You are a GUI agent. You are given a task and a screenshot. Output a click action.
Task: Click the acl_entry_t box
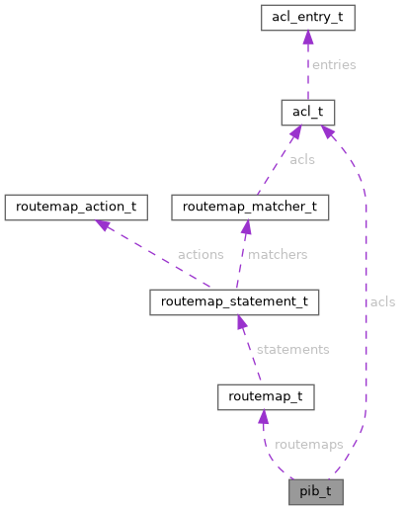point(308,17)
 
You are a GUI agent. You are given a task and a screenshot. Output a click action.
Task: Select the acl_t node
point(308,112)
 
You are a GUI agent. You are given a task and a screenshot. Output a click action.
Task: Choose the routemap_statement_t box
point(233,301)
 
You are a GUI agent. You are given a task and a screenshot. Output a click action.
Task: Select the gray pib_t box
point(315,491)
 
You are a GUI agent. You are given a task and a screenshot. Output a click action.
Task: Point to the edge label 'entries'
point(333,64)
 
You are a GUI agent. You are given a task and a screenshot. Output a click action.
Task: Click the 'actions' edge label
point(200,254)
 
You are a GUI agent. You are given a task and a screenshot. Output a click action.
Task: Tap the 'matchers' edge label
point(278,254)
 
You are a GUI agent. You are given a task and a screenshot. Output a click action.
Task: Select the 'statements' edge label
point(292,349)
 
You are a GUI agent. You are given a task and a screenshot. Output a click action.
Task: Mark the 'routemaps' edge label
point(309,444)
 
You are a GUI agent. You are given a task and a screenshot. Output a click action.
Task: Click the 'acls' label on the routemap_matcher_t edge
point(302,159)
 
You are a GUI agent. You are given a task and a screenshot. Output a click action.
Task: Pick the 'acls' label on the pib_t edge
point(381,301)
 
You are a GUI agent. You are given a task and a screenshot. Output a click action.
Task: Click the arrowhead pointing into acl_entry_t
point(308,37)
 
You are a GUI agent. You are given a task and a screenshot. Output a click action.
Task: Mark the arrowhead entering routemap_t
point(264,417)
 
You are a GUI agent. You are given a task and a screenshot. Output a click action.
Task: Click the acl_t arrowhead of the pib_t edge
point(327,130)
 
